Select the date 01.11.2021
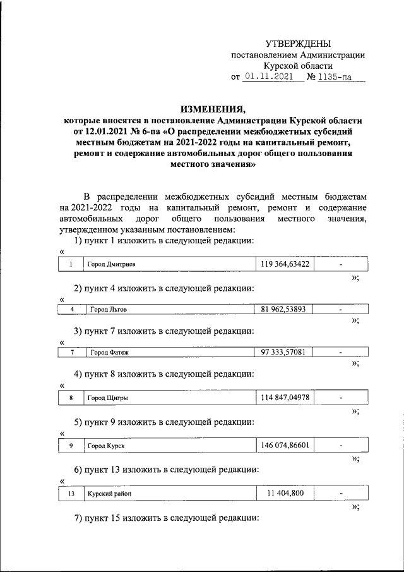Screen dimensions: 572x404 click(270, 78)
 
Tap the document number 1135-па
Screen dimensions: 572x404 click(335, 78)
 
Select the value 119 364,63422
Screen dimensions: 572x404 click(284, 264)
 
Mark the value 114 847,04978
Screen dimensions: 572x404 click(284, 398)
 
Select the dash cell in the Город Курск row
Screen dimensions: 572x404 click(341, 446)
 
